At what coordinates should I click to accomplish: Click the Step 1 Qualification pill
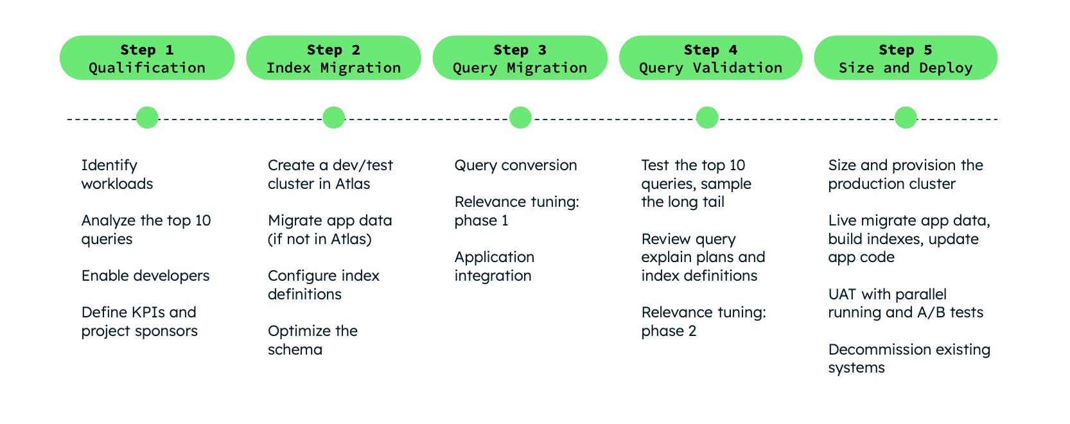(x=147, y=58)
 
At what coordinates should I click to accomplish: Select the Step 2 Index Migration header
(x=333, y=58)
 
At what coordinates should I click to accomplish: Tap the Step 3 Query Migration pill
(x=520, y=58)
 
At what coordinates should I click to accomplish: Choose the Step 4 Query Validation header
(x=710, y=58)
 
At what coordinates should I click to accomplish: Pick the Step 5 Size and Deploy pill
(x=905, y=58)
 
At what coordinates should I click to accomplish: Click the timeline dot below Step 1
(x=147, y=118)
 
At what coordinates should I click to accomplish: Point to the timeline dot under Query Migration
(x=520, y=118)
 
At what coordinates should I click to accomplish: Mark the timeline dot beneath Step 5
(x=906, y=118)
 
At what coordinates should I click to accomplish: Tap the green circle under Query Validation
(x=707, y=118)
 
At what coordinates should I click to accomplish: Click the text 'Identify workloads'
(x=117, y=175)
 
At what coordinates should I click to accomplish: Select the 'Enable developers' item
(x=145, y=276)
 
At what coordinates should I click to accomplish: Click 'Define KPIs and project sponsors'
(x=139, y=322)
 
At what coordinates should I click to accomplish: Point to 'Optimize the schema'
(x=312, y=340)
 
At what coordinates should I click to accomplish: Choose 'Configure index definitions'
(x=323, y=285)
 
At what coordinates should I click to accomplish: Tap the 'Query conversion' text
(x=515, y=166)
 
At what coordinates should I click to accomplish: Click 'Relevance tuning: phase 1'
(x=516, y=211)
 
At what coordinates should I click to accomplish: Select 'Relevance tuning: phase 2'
(x=703, y=322)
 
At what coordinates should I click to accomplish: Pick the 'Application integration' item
(x=494, y=267)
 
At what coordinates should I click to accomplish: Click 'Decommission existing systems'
(x=909, y=358)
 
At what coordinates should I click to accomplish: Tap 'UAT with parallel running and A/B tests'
(x=905, y=303)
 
